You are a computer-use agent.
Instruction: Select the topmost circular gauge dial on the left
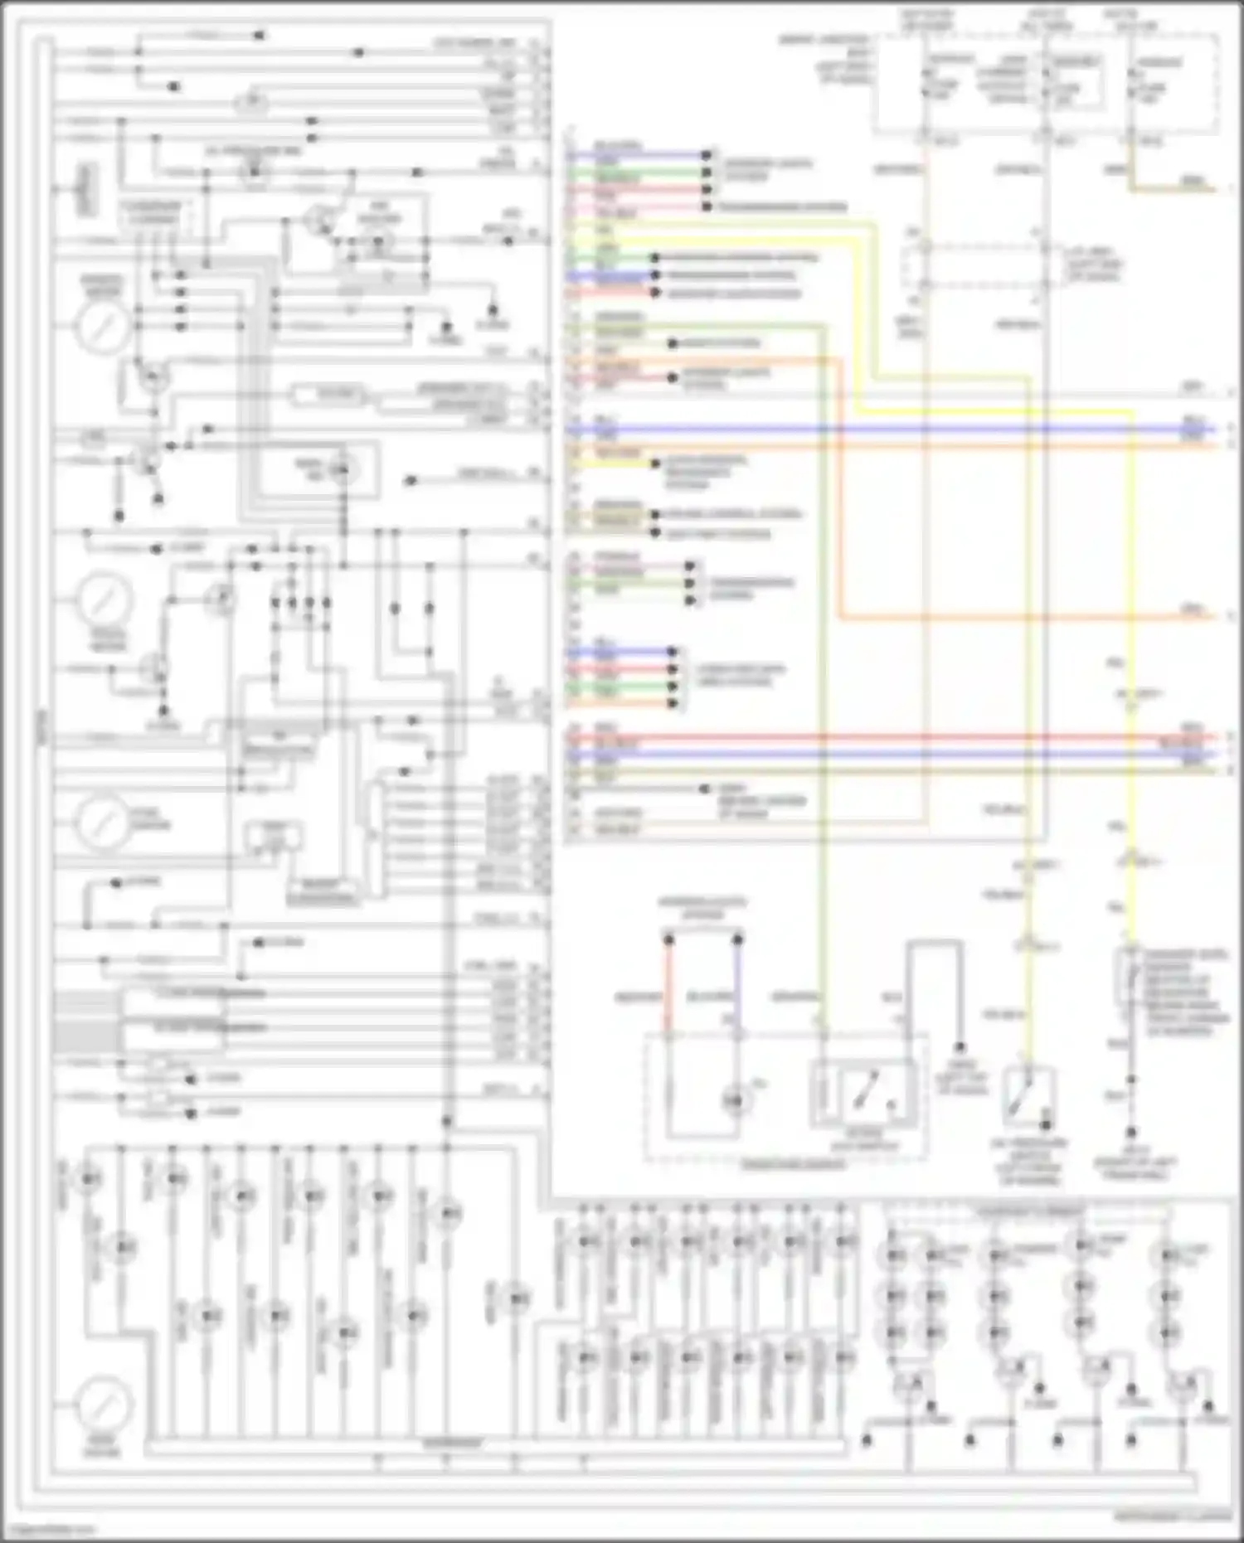click(x=103, y=325)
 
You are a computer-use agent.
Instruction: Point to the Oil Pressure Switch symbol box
click(x=1029, y=1096)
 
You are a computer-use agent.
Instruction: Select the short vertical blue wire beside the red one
click(x=737, y=987)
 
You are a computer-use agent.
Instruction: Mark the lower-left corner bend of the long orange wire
click(x=839, y=617)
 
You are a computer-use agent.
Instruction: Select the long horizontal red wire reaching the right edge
click(x=887, y=736)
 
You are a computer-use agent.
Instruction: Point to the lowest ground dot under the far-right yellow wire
click(x=1131, y=1131)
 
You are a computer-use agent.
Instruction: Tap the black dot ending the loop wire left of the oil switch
click(x=960, y=1048)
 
